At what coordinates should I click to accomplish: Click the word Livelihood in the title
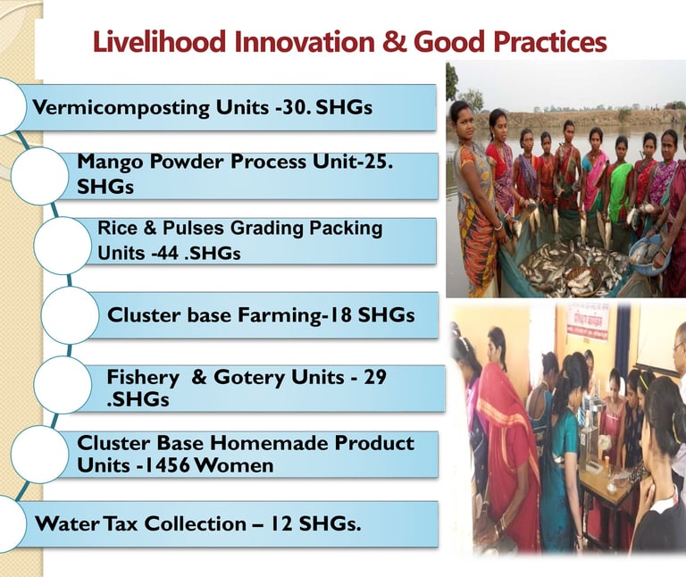[159, 42]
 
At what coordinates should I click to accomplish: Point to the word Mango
[110, 163]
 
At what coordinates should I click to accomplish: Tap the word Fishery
[143, 378]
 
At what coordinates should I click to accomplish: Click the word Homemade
[270, 443]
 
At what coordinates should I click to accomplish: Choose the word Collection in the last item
[195, 523]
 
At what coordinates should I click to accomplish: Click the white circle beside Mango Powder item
[39, 176]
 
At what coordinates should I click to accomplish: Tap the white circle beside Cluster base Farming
[70, 315]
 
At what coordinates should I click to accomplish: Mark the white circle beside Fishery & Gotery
[63, 385]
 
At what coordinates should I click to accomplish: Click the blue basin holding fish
[648, 255]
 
